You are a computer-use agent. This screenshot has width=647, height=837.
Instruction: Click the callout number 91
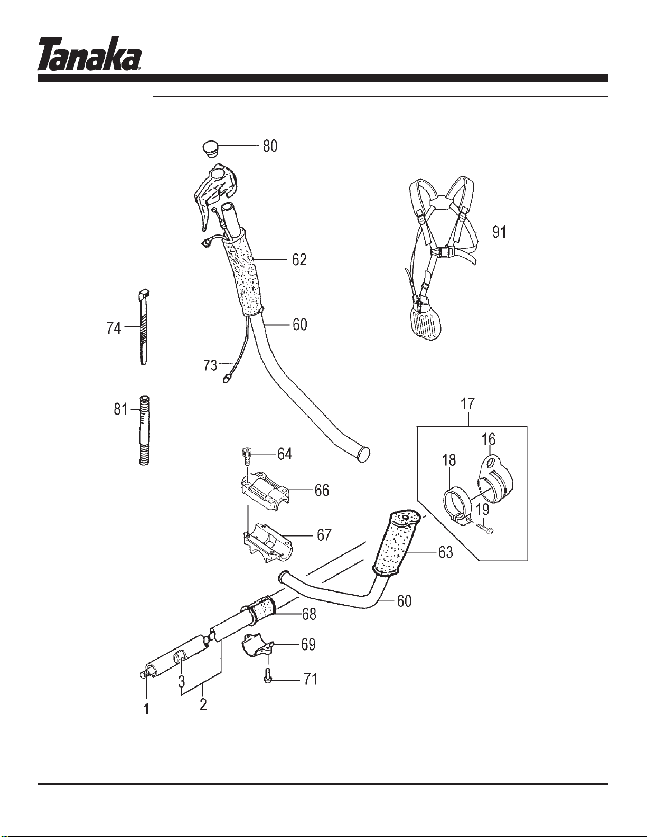(499, 231)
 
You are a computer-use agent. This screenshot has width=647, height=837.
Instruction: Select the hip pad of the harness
(426, 323)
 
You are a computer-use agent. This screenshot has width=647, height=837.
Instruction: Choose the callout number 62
(299, 260)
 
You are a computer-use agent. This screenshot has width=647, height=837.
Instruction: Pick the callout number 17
(467, 405)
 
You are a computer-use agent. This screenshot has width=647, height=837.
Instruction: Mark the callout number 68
(308, 614)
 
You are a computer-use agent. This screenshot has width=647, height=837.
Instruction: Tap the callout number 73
(210, 365)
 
